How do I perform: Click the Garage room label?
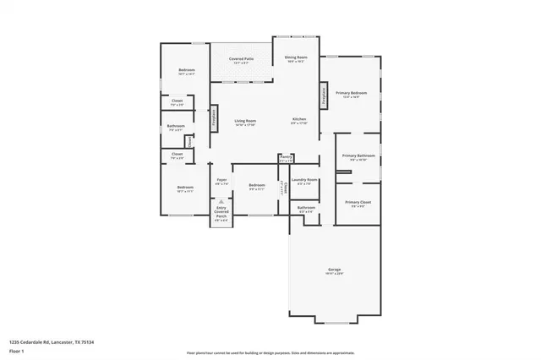pos(335,271)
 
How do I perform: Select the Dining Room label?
pos(296,58)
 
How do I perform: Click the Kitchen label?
pos(299,121)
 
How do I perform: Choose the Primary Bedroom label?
pos(351,94)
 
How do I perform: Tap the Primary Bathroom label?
pos(354,157)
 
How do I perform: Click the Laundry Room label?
pos(304,181)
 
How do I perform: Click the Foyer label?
pos(221,181)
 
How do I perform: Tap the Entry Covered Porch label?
pos(221,215)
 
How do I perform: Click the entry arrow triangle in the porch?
pos(221,203)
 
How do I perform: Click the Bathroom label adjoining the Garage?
pos(306,208)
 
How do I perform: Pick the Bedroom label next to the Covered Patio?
pos(186,71)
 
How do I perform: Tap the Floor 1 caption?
pos(18,350)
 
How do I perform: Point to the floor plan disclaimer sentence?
pos(270,352)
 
